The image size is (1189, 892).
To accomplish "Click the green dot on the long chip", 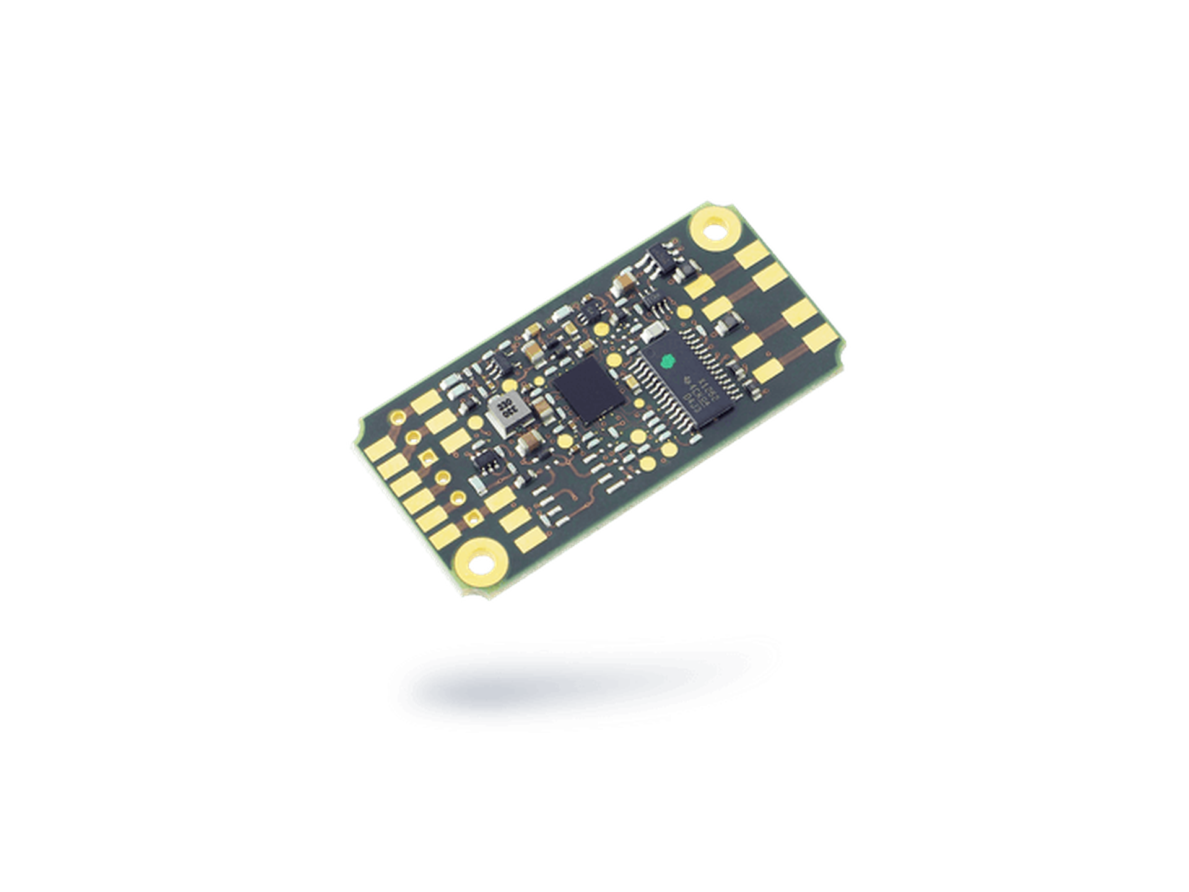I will tap(668, 360).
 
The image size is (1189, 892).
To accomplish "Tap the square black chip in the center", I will tap(585, 391).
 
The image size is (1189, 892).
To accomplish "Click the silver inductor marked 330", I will tap(508, 413).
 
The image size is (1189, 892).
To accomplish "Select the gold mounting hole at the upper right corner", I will tap(715, 230).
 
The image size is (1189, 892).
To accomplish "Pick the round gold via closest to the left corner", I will tap(398, 417).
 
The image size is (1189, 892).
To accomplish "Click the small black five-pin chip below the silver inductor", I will tap(484, 461).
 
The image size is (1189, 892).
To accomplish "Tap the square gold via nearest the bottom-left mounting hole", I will tap(474, 515).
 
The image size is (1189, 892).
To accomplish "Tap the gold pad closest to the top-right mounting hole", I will tap(752, 252).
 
